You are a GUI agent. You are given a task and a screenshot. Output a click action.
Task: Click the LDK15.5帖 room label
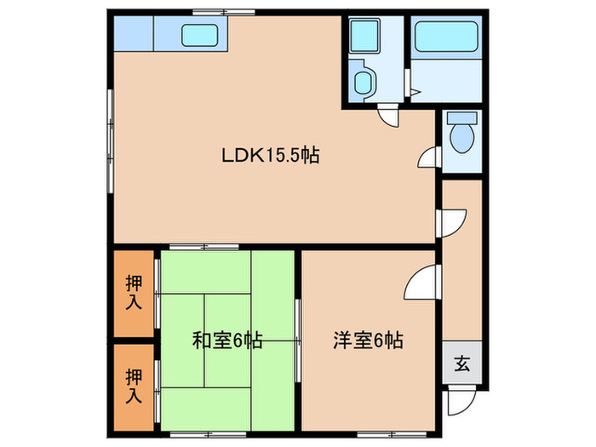point(271,156)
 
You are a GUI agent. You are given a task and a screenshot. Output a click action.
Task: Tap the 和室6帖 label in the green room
point(226,341)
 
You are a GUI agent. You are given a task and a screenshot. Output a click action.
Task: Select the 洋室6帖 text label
point(368,341)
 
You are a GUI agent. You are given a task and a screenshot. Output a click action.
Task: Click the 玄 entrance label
point(461,364)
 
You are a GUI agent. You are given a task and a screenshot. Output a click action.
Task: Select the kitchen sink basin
point(203,37)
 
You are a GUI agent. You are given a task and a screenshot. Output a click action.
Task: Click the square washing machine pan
point(365,37)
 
